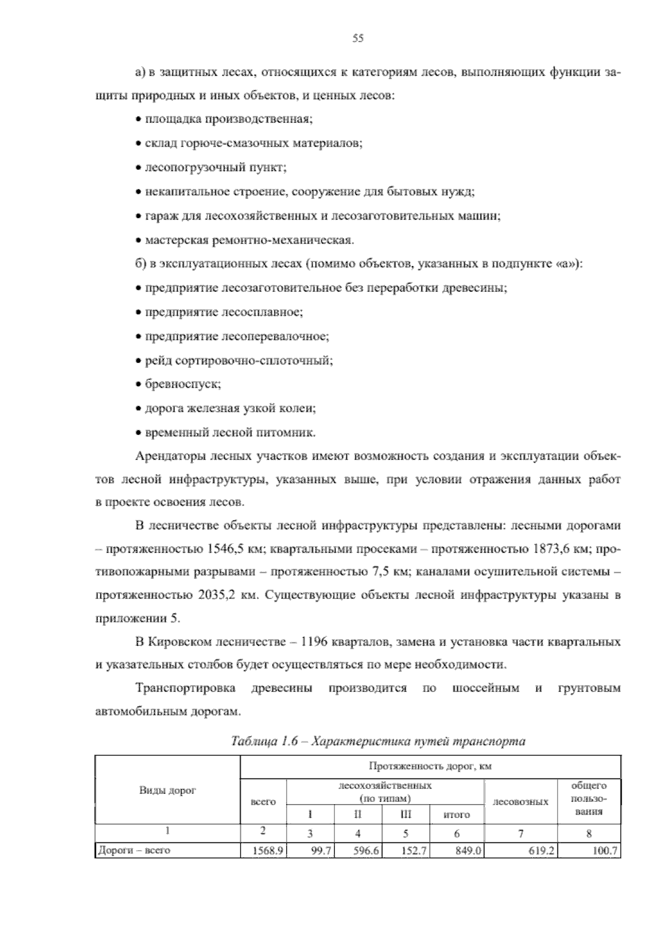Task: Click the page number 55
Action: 358,38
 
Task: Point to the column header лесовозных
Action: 521,802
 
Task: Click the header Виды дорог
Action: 167,790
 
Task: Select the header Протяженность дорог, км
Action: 430,766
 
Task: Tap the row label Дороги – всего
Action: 134,850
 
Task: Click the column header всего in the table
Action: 263,802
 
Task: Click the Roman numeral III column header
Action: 405,814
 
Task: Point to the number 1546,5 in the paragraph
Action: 227,549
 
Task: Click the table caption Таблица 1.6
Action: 269,741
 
